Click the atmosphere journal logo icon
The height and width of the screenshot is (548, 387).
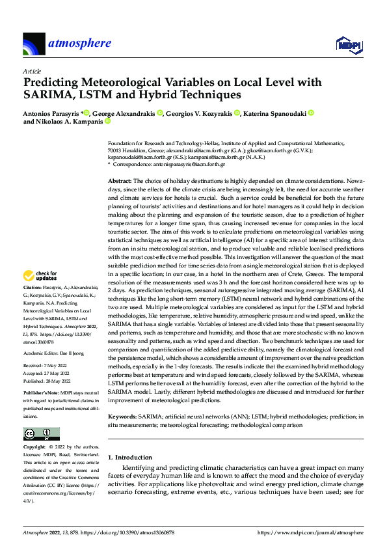pos(34,45)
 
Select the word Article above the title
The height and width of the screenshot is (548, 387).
pos(31,71)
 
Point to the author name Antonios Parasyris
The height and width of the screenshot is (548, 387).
pos(51,113)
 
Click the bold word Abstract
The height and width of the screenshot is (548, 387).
pos(120,180)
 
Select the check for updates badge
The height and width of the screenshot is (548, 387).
pos(40,277)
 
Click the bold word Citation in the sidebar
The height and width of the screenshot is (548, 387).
pos(32,288)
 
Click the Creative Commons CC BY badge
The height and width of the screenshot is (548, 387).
pos(41,434)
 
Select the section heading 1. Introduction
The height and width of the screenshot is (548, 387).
pos(130,457)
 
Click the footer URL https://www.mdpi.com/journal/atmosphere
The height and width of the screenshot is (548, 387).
pos(310,532)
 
